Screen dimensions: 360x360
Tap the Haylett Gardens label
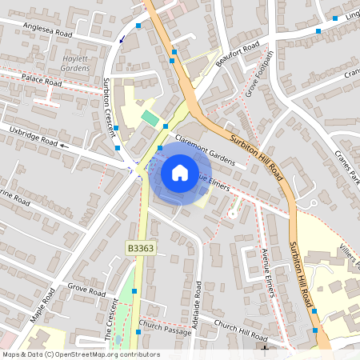[x=75, y=63]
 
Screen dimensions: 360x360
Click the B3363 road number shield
[x=139, y=250]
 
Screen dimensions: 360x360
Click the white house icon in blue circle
[x=180, y=172]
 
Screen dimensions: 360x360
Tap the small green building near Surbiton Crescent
[x=150, y=119]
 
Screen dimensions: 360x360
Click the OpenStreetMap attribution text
[x=80, y=354]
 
